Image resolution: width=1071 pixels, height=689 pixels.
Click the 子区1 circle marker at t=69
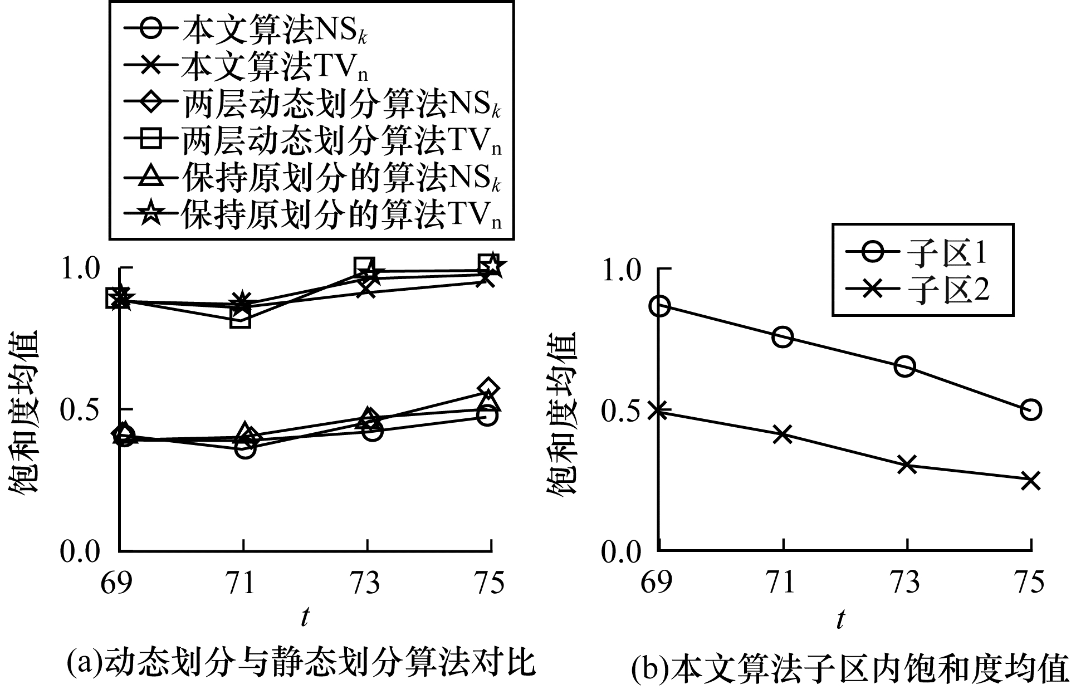[x=660, y=306]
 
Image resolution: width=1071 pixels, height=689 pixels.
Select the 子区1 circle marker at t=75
[x=1031, y=409]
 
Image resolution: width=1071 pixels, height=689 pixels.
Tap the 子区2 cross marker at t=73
[x=907, y=465]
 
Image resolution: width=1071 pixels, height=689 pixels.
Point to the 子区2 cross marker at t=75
[x=1031, y=480]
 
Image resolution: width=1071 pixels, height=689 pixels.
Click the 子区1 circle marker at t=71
[x=783, y=336]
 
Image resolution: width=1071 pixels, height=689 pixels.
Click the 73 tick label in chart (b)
[x=907, y=582]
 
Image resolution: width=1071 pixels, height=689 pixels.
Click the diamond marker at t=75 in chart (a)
[x=488, y=388]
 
